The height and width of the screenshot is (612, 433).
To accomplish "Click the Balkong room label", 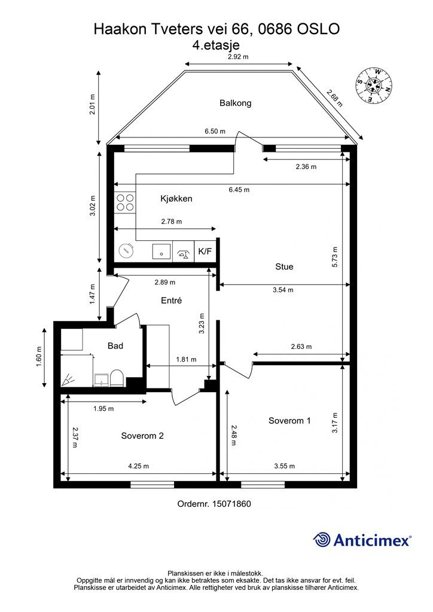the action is click(235, 103).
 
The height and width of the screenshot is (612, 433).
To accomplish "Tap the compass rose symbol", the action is click(374, 86).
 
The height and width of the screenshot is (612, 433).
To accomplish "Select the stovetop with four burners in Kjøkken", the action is click(125, 203).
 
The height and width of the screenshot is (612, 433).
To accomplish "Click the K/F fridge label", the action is click(205, 251).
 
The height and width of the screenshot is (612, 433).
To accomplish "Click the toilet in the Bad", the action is click(117, 378).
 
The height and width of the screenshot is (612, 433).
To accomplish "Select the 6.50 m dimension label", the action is click(215, 131).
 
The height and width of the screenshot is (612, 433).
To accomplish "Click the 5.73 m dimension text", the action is click(334, 257).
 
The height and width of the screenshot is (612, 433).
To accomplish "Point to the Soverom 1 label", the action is click(289, 420).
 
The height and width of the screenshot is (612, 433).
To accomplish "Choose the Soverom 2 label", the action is click(142, 436).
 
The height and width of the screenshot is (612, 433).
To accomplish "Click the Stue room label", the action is click(284, 267).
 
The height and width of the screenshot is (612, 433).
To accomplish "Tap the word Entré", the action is click(172, 301).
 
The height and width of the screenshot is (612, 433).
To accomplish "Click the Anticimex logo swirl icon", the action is click(322, 540).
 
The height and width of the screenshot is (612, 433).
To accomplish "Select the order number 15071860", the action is click(231, 504).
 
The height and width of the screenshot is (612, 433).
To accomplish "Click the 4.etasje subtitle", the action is click(216, 45).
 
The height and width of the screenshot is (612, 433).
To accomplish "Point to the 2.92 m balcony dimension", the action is click(238, 57).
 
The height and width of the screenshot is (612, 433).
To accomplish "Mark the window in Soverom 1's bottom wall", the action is click(263, 484).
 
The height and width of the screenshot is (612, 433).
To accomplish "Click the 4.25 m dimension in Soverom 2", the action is click(139, 466).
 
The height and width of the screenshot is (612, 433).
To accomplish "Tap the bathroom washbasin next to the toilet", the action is click(102, 380).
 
